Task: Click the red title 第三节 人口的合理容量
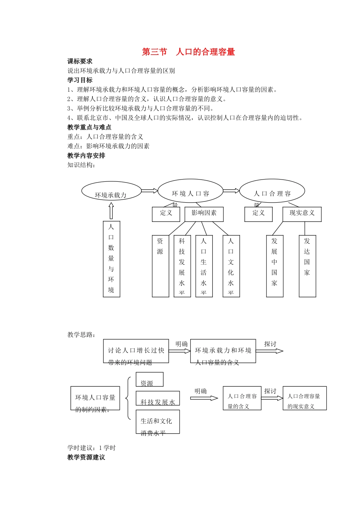[x=188, y=52]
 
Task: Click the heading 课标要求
[x=80, y=61]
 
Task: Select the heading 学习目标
[x=80, y=80]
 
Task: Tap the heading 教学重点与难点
[x=89, y=127]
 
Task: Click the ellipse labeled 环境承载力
[x=111, y=192]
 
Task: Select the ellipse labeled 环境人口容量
[x=190, y=191]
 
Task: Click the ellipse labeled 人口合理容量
[x=272, y=191]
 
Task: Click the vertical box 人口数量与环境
[x=111, y=259]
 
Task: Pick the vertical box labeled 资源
[x=160, y=266]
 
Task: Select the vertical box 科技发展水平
[x=182, y=266]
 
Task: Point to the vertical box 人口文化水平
[x=231, y=266]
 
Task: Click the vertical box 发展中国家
[x=275, y=266]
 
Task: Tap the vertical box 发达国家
[x=307, y=266]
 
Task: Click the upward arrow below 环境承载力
[x=111, y=211]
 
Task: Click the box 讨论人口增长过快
[x=136, y=351]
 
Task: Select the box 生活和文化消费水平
[x=158, y=422]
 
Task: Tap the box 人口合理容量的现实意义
[x=304, y=398]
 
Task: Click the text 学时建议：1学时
[x=91, y=448]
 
